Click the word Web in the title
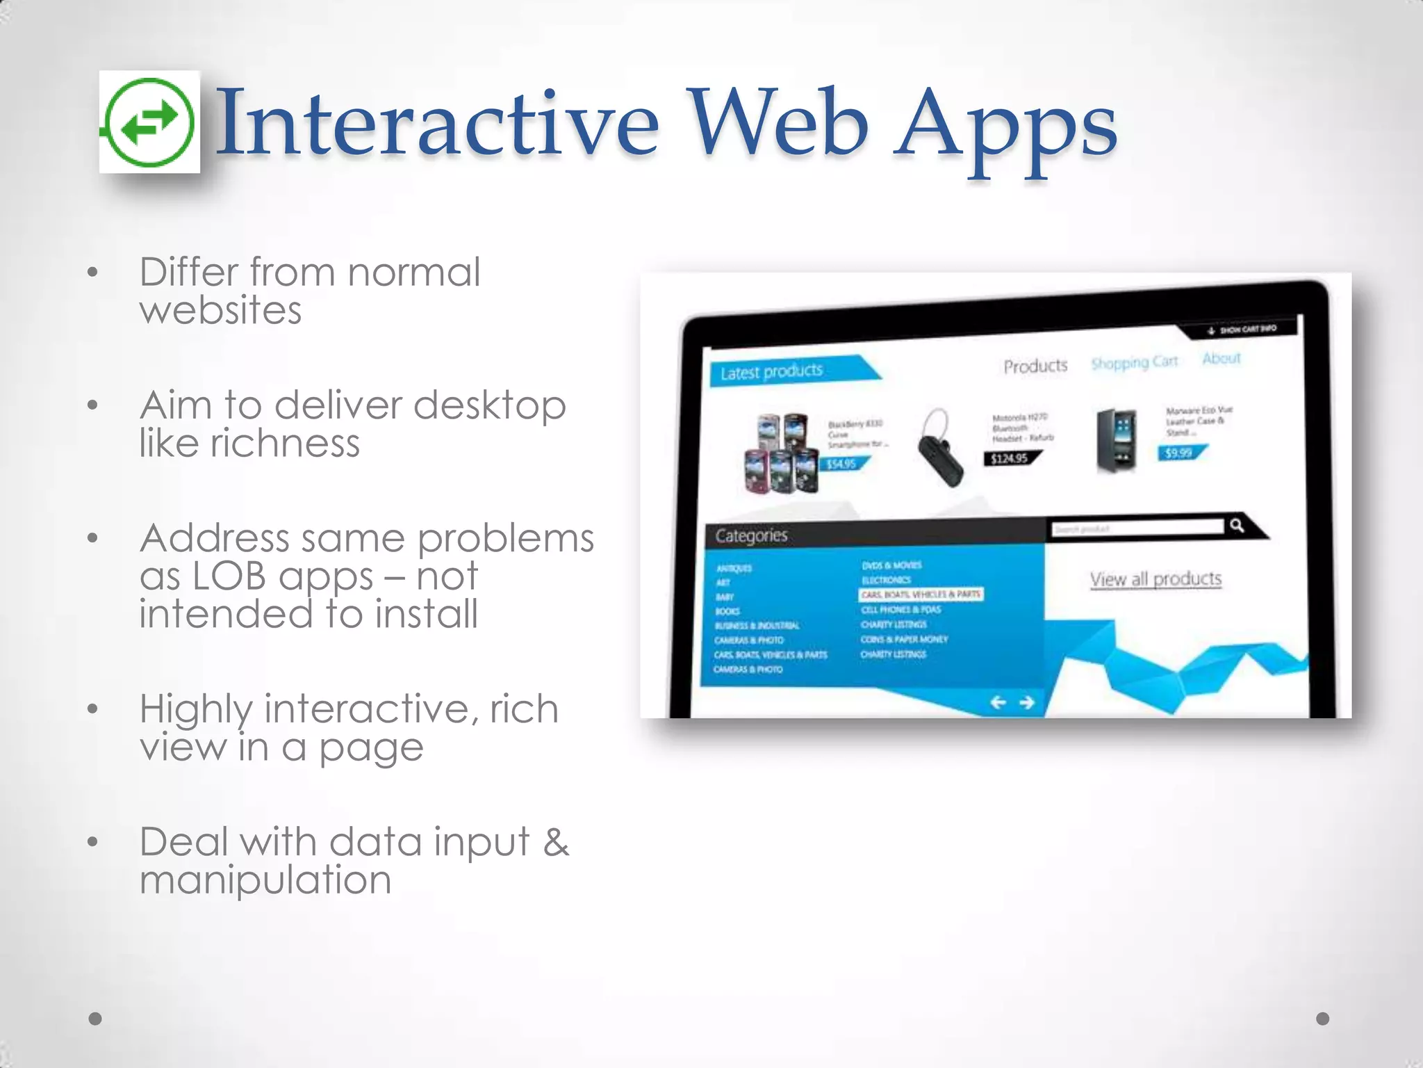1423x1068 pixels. pyautogui.click(x=778, y=124)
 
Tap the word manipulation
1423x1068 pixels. pyautogui.click(x=265, y=880)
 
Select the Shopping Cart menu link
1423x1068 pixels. pyautogui.click(x=1134, y=362)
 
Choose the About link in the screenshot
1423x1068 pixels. pyautogui.click(x=1221, y=358)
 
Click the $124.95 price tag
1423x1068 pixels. pyautogui.click(x=1010, y=458)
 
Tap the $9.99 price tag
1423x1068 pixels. pyautogui.click(x=1179, y=453)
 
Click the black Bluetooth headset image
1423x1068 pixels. pyautogui.click(x=939, y=448)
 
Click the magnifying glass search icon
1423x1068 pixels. pyautogui.click(x=1236, y=525)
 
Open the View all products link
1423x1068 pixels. pyautogui.click(x=1155, y=578)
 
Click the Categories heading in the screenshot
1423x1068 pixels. pyautogui.click(x=751, y=535)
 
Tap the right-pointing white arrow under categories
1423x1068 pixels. pyautogui.click(x=1027, y=702)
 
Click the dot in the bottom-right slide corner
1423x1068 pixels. pyautogui.click(x=1322, y=1019)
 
